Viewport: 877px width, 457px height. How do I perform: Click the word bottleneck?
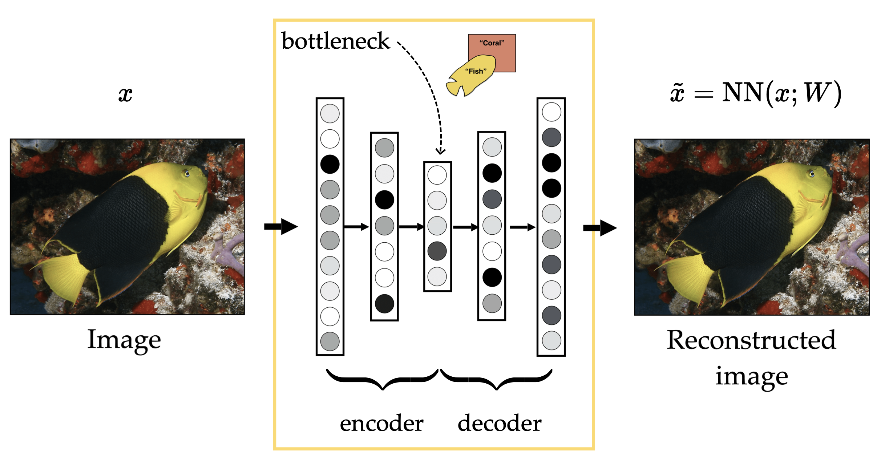click(x=335, y=41)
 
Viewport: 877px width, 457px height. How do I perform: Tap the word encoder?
click(x=381, y=423)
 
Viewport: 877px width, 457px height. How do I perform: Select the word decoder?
click(x=500, y=423)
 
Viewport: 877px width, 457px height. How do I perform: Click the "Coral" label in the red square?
click(x=492, y=43)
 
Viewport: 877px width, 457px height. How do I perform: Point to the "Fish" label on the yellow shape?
click(x=476, y=71)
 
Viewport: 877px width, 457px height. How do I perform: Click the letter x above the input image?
click(x=125, y=94)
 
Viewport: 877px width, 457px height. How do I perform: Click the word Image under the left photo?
click(x=124, y=340)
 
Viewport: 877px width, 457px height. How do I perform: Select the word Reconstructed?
click(x=751, y=340)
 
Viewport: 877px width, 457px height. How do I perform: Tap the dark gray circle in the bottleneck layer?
click(x=437, y=251)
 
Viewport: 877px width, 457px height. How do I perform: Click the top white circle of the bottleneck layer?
click(x=437, y=175)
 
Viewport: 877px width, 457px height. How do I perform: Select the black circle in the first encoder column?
click(x=330, y=164)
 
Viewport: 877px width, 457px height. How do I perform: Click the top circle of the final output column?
click(x=551, y=112)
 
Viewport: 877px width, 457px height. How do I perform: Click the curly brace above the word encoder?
click(x=383, y=380)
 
